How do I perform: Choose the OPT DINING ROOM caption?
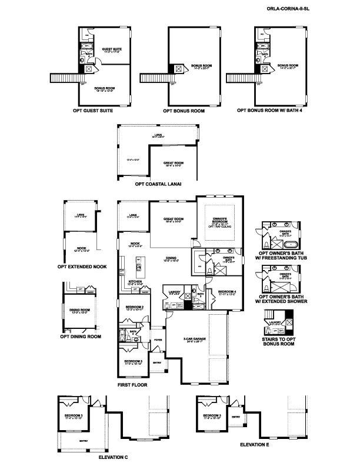click(81, 337)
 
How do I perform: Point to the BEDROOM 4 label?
click(228, 292)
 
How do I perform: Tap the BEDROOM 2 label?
click(135, 307)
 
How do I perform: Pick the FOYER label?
click(158, 339)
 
